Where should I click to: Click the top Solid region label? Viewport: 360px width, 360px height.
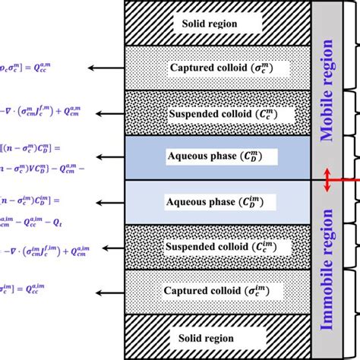209,23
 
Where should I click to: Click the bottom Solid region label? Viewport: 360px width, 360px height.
209,336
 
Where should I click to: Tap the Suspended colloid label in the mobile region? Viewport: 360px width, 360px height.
216,112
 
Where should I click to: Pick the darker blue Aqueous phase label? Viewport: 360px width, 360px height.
216,157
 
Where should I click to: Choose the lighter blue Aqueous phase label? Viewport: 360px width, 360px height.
216,202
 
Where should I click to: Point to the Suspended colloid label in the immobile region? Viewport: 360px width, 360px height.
216,247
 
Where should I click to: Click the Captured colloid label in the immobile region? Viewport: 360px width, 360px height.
216,292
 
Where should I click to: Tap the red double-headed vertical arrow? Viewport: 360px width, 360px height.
328,180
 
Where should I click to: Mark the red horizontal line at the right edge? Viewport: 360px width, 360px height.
352,180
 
